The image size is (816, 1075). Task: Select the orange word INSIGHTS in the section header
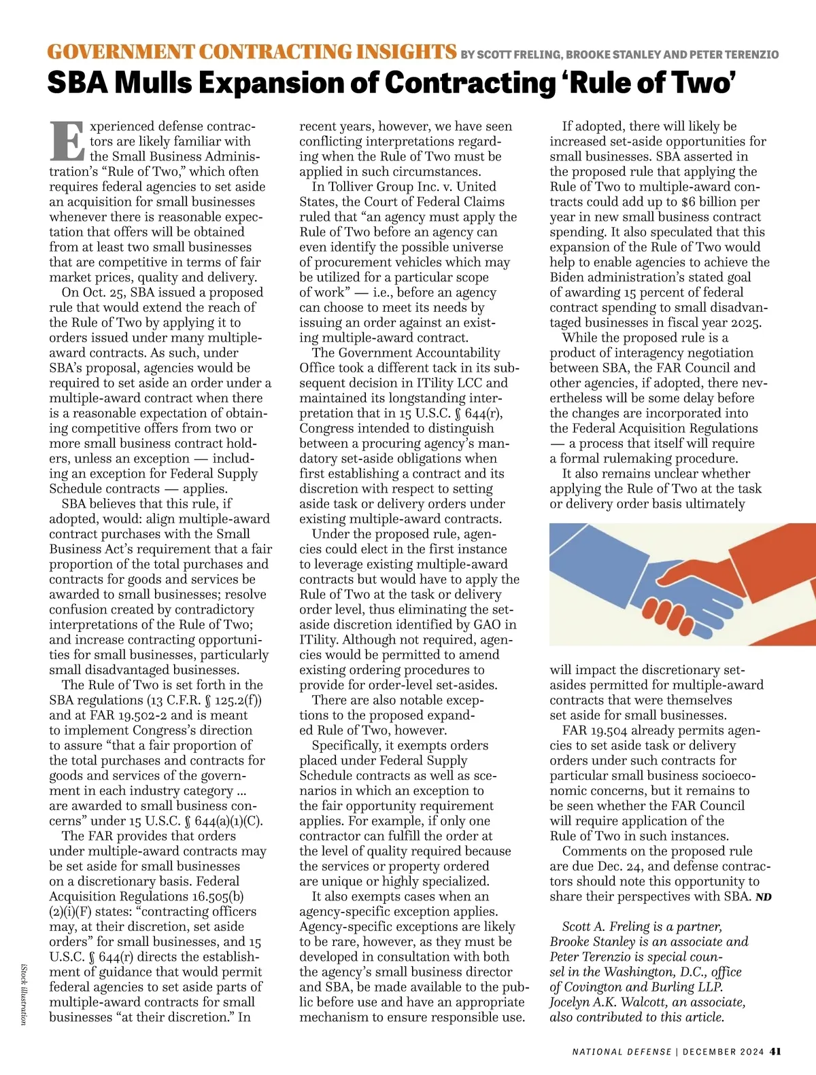(x=406, y=52)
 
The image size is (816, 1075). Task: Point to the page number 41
(x=775, y=1051)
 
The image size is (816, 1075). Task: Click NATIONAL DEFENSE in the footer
(x=621, y=1052)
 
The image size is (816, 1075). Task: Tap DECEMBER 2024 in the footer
(x=723, y=1052)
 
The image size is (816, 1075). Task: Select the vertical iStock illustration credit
(x=24, y=993)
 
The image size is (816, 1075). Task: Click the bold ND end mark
(x=764, y=897)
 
